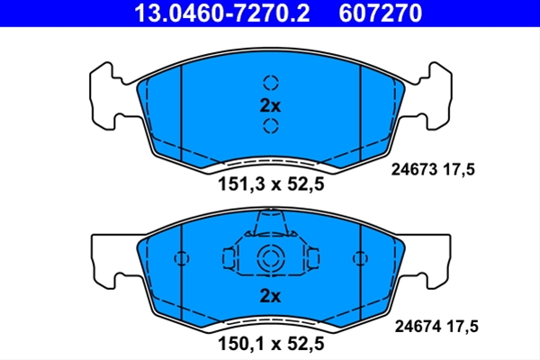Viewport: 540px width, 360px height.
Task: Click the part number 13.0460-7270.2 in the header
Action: pos(222,13)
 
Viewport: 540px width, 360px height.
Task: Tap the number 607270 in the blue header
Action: pos(380,13)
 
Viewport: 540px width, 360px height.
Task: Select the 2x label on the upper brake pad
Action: pos(270,106)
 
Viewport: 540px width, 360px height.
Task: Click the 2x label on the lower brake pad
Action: pos(270,295)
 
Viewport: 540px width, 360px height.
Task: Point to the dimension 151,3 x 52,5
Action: pos(271,184)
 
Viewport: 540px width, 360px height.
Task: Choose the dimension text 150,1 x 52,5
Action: pos(271,344)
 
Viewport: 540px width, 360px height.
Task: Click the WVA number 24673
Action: pos(414,169)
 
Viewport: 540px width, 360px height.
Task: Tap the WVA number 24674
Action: pos(418,326)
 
